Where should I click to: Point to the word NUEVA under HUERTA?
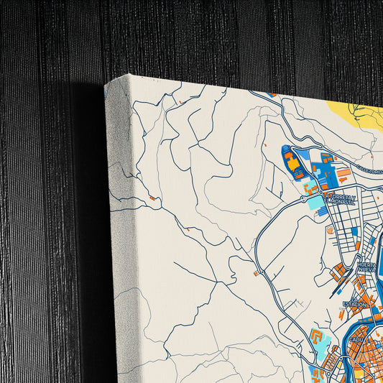click(x=367, y=272)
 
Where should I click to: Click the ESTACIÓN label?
click(x=355, y=305)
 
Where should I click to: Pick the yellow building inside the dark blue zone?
click(x=294, y=165)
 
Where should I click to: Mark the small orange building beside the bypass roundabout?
click(x=256, y=274)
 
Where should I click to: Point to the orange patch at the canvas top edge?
click(x=271, y=94)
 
